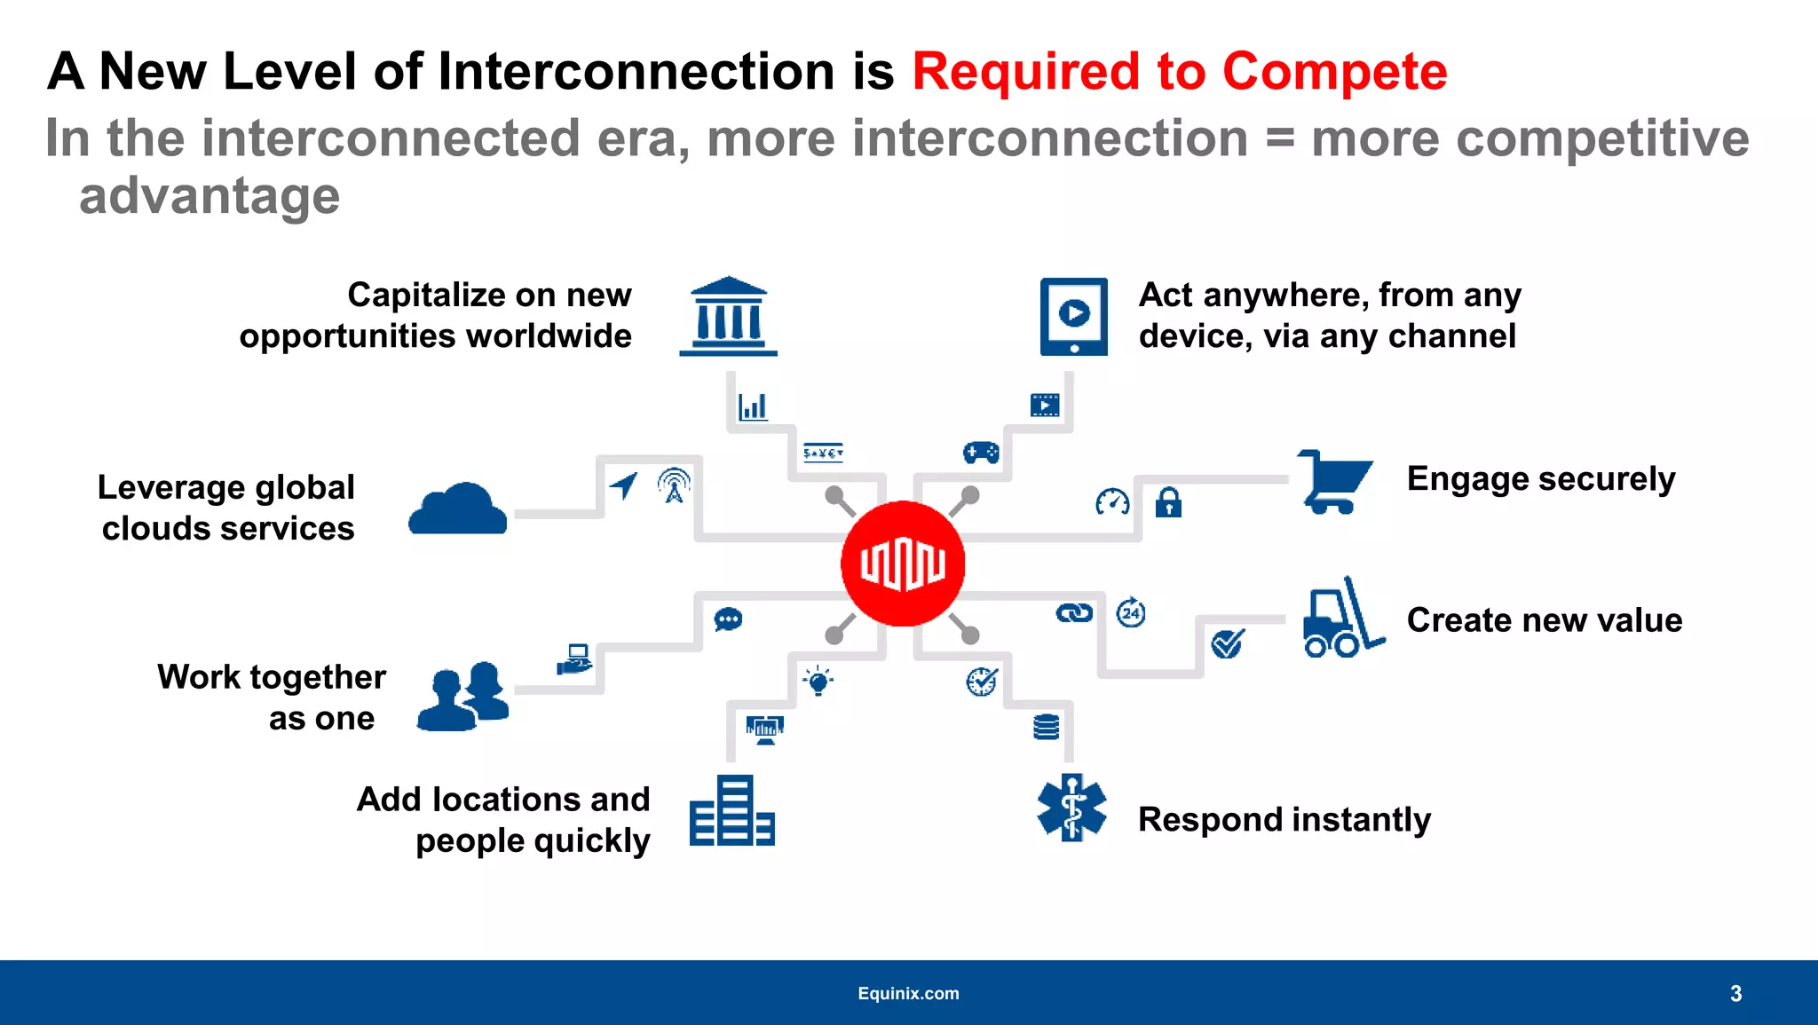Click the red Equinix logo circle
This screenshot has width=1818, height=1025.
[x=903, y=564]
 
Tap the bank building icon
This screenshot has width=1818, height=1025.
[x=728, y=317]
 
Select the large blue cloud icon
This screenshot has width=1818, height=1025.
[x=458, y=509]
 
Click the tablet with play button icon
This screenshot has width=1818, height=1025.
[x=1073, y=317]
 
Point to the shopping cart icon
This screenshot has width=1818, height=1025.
[x=1334, y=481]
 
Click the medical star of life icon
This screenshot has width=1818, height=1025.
[x=1071, y=808]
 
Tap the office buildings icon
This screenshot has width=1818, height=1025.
[x=731, y=811]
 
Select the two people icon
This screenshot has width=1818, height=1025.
[x=463, y=696]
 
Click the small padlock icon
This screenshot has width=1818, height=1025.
[x=1168, y=502]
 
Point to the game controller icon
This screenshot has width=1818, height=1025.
[x=981, y=453]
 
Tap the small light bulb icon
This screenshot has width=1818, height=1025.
[x=818, y=681]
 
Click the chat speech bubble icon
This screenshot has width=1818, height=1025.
[x=728, y=619]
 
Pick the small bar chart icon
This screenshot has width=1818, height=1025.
[x=753, y=407]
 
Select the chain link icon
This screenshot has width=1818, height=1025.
[x=1074, y=613]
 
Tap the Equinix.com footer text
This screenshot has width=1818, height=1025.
[x=908, y=993]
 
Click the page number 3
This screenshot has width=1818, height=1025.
[x=1735, y=993]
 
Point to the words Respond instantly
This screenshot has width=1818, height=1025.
[x=1284, y=819]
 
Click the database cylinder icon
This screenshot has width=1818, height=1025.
[x=1047, y=727]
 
